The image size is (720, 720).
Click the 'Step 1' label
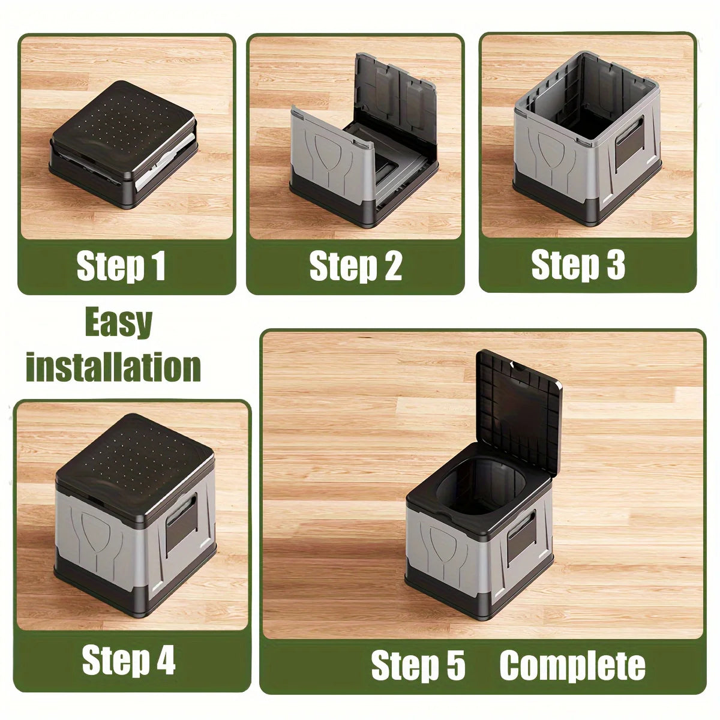pyautogui.click(x=121, y=266)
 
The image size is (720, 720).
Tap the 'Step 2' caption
pyautogui.click(x=355, y=266)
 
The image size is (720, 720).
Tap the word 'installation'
pyautogui.click(x=113, y=367)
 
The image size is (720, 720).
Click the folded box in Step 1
pyautogui.click(x=124, y=144)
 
